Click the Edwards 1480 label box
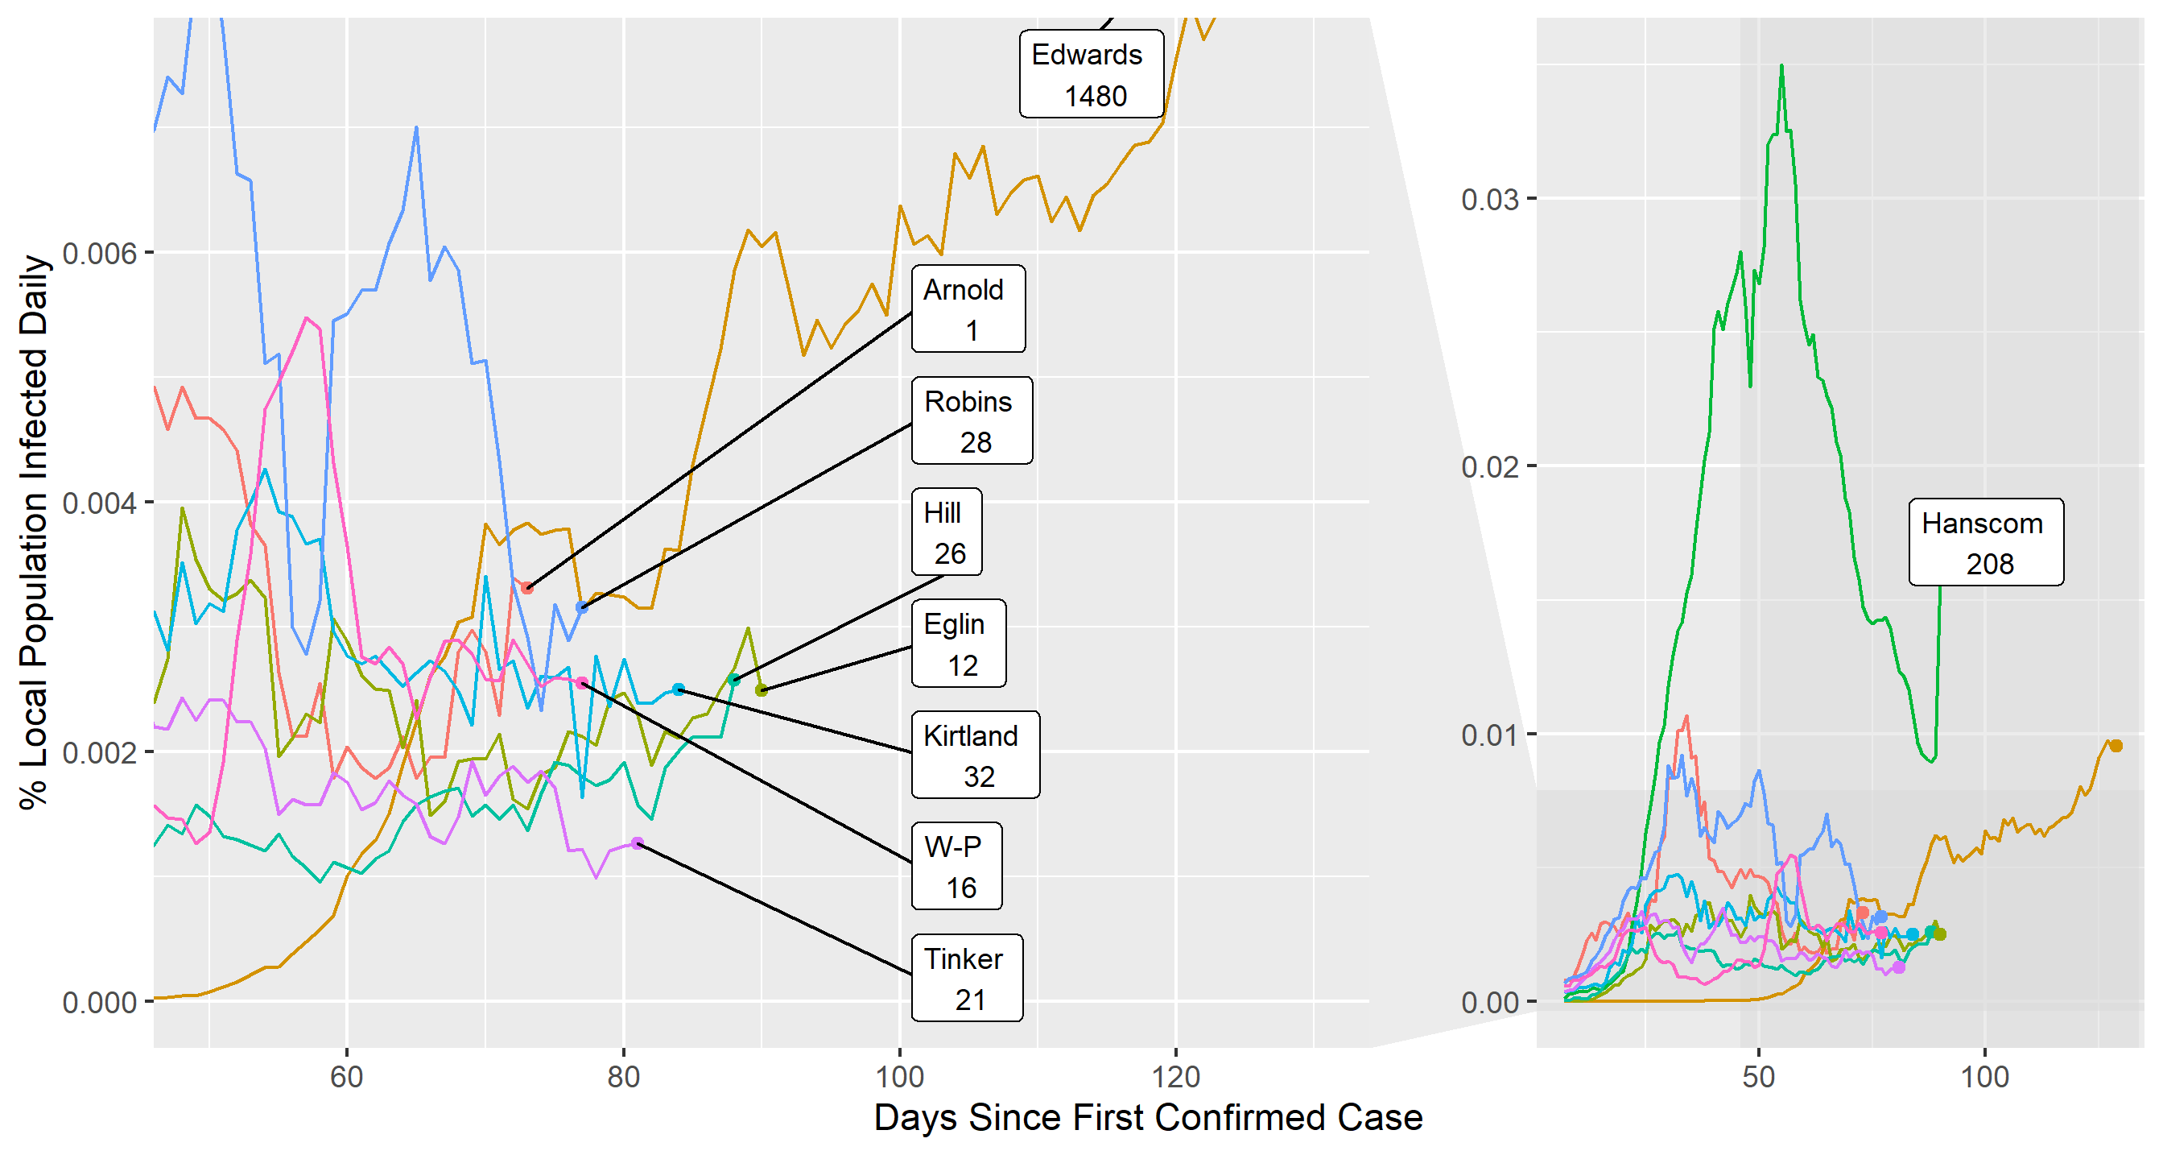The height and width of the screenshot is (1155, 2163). point(1091,74)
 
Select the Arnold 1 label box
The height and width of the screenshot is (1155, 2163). point(968,309)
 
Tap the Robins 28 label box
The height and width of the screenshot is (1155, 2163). point(972,420)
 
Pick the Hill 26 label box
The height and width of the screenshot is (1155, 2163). point(947,532)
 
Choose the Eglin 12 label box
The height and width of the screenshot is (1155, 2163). point(958,644)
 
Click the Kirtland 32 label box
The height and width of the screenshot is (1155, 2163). point(975,756)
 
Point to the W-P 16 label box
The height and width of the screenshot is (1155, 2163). point(956,866)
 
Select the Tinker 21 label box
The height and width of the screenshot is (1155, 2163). point(967,978)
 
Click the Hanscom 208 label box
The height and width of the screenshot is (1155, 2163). point(1985,543)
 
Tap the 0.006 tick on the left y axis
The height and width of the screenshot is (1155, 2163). point(99,253)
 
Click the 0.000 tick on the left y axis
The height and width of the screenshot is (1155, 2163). point(99,1002)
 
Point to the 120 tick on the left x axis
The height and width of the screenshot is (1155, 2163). point(1174,1076)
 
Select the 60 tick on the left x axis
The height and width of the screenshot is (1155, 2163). point(346,1076)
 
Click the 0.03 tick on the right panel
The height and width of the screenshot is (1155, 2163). point(1489,200)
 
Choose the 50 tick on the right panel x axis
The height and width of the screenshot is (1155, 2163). point(1758,1076)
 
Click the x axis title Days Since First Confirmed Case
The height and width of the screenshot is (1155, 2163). point(1148,1118)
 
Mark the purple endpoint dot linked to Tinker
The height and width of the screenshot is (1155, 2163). point(638,842)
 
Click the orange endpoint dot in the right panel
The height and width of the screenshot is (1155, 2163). point(2116,746)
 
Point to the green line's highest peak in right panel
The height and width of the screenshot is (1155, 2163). point(1781,65)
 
